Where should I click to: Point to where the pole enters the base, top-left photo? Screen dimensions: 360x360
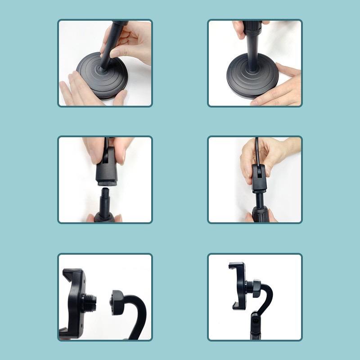(x=105, y=69)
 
